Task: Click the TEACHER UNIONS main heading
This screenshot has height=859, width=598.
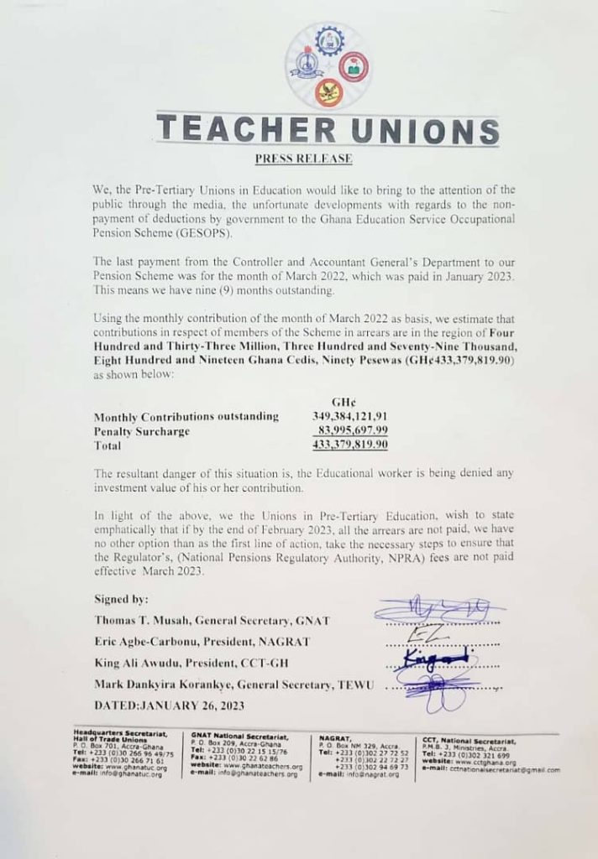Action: point(328,131)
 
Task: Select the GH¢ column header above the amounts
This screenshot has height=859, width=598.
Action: point(347,401)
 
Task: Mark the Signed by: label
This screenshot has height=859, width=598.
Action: point(122,599)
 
